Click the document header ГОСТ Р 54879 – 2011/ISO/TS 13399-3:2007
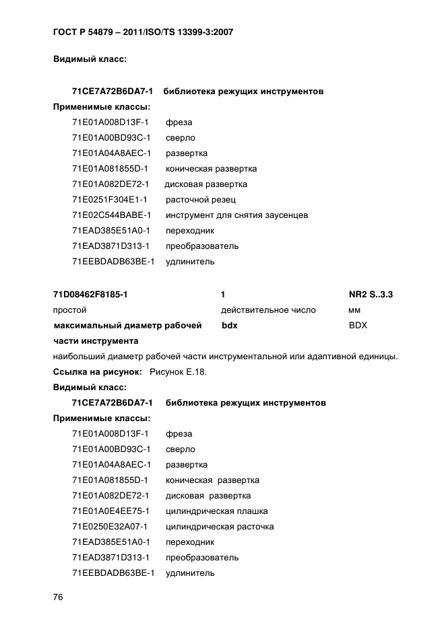coord(143,32)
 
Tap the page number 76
coord(59,598)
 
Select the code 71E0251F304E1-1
coord(110,200)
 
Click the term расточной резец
coord(200,200)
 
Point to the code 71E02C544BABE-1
coord(111,215)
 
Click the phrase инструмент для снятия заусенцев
coord(236,215)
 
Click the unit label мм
coord(354,311)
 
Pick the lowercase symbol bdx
coord(229,326)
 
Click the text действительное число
coord(267,311)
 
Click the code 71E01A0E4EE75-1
coord(110,511)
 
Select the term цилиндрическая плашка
coord(212,511)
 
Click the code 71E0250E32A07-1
coord(110,527)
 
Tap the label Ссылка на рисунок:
coord(97,372)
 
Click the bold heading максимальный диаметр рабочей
coord(127,326)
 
